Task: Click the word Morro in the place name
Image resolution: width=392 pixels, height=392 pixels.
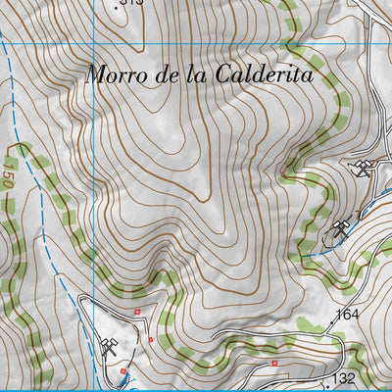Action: (114, 74)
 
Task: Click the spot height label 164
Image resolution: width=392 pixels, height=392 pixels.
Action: (348, 315)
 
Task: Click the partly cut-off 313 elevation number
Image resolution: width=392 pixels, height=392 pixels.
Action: (131, 3)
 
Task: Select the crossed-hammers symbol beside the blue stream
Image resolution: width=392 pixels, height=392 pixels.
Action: (341, 230)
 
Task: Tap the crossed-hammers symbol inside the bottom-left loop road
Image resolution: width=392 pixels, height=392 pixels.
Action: (109, 345)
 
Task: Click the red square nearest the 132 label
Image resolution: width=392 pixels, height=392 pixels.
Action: (275, 364)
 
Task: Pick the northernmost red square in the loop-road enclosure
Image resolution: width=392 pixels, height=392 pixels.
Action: (138, 312)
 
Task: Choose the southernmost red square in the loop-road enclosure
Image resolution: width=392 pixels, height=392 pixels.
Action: (122, 371)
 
